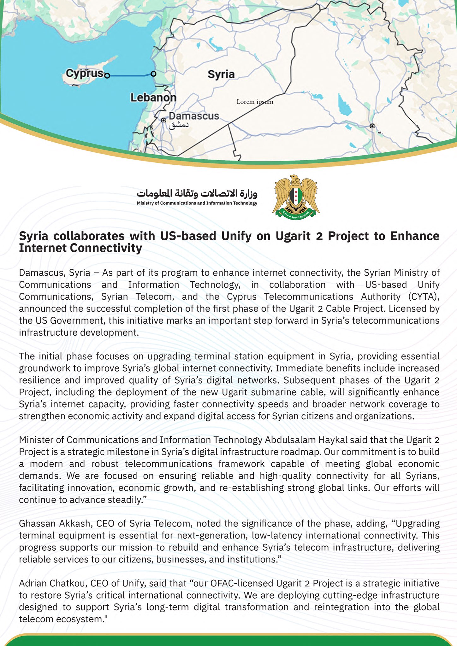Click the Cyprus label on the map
point(84,73)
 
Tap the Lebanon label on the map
point(153,97)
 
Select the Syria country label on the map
point(221,74)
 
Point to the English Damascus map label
point(194,116)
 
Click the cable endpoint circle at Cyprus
point(107,76)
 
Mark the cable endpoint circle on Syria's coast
point(153,74)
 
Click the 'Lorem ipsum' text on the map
point(255,102)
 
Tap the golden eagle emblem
point(296,196)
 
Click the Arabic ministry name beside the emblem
point(197,193)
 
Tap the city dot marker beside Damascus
point(163,120)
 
